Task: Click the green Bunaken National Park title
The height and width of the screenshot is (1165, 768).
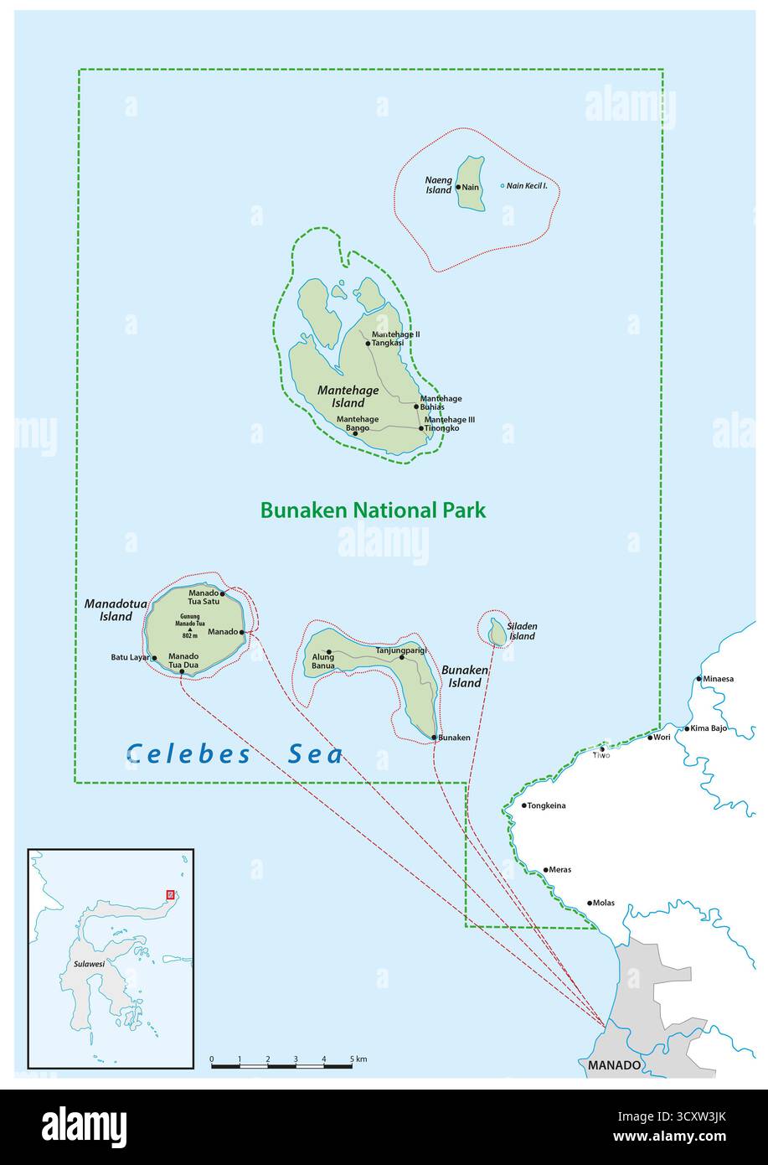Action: [373, 510]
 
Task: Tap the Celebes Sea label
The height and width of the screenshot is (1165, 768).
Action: [235, 754]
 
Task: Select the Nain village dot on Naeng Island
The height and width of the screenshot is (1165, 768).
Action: [458, 187]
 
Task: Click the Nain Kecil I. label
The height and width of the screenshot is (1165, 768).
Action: [527, 185]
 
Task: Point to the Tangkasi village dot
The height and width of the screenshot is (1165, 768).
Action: [368, 343]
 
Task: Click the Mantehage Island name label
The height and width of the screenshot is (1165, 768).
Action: [348, 396]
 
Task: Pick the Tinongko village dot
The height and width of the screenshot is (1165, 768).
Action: [421, 428]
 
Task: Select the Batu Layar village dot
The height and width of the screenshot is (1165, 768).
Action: [154, 658]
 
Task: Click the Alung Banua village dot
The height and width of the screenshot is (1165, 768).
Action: [329, 652]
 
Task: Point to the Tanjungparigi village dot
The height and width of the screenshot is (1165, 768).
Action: [401, 657]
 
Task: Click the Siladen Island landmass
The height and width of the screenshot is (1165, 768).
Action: [497, 633]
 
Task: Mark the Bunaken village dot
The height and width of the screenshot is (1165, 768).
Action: [435, 738]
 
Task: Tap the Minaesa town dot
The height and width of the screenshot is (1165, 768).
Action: [699, 679]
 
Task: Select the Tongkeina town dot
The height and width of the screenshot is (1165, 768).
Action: [524, 805]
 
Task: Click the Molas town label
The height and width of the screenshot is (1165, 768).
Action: [603, 903]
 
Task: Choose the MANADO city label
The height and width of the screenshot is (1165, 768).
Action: [614, 1065]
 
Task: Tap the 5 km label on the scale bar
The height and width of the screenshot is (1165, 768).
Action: [359, 1059]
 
